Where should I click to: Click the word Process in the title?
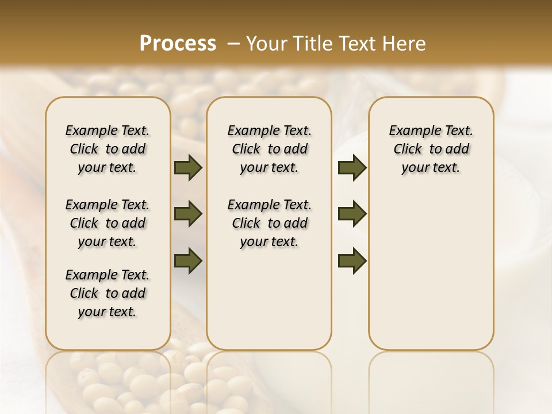pos(178,44)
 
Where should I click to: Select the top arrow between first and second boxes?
pos(188,168)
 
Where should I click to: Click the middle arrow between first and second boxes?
pos(188,214)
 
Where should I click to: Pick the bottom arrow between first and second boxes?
pos(188,260)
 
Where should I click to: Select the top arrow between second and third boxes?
pos(352,168)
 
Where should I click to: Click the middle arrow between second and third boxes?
pos(352,214)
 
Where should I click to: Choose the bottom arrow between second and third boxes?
pos(352,260)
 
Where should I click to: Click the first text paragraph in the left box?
pos(108,149)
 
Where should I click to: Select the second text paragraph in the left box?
pos(108,223)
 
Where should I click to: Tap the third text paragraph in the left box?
pos(108,293)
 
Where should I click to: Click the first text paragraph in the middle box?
pos(270,149)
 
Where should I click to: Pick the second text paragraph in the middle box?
pos(270,223)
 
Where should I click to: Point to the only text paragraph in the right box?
pos(431,149)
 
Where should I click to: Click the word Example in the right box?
pos(411,131)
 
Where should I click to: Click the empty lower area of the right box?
pos(431,276)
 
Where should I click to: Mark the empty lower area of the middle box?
pos(269,299)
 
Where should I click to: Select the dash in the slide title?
pos(233,44)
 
